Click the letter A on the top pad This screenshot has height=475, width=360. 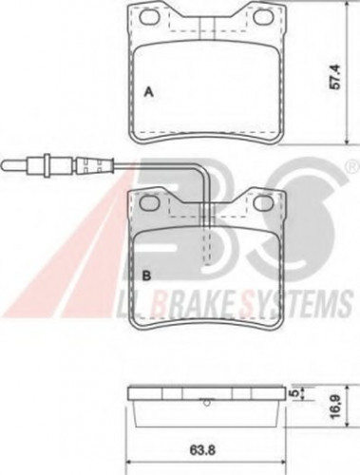[148, 92]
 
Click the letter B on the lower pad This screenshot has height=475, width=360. [146, 276]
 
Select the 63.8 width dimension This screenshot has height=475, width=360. [203, 450]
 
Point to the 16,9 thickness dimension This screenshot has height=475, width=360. [335, 406]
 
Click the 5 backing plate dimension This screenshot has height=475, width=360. [294, 393]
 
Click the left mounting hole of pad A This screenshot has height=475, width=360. [150, 17]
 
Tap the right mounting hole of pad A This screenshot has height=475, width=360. [263, 17]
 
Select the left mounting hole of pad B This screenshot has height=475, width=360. [150, 203]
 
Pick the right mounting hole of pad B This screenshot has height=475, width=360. [263, 203]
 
